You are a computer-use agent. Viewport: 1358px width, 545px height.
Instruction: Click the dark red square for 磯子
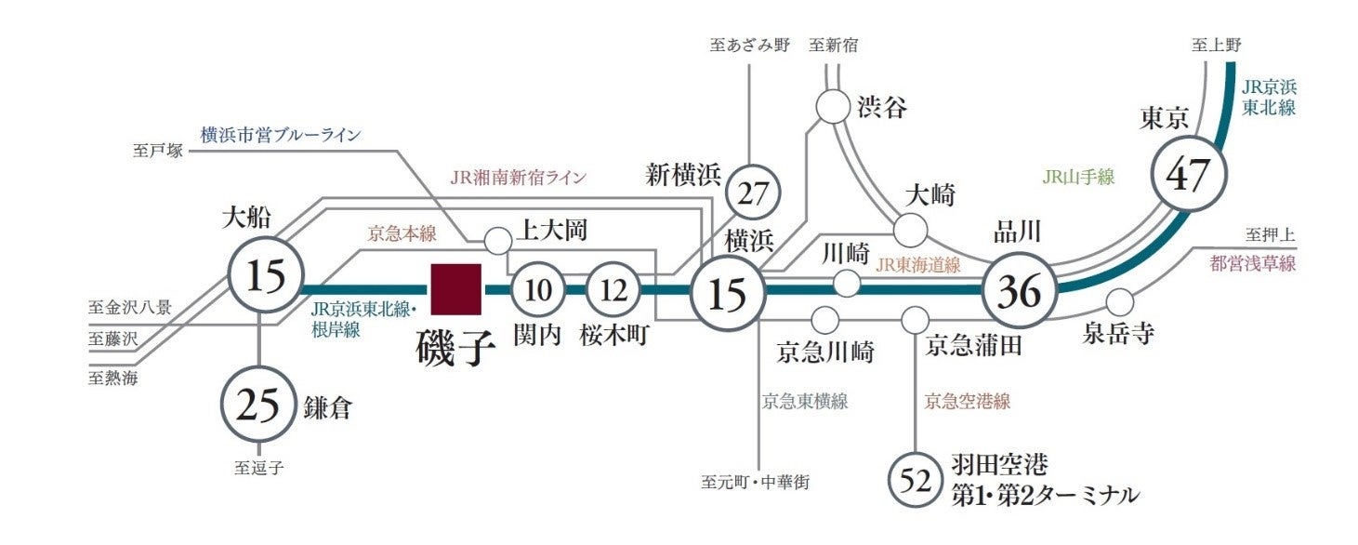coord(455,288)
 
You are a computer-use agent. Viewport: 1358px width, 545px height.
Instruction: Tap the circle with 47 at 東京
coord(1190,175)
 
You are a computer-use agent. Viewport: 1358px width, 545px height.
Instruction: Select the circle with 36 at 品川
coord(1019,292)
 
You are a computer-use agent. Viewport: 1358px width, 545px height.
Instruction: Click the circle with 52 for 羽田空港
coord(916,480)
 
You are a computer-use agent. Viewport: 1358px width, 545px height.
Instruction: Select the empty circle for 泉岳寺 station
coord(1120,302)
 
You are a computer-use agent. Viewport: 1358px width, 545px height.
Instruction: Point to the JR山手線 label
coord(1078,177)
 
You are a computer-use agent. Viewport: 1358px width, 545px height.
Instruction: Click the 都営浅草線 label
coord(1252,263)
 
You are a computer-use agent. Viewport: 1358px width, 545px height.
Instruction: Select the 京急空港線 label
coord(967,402)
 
